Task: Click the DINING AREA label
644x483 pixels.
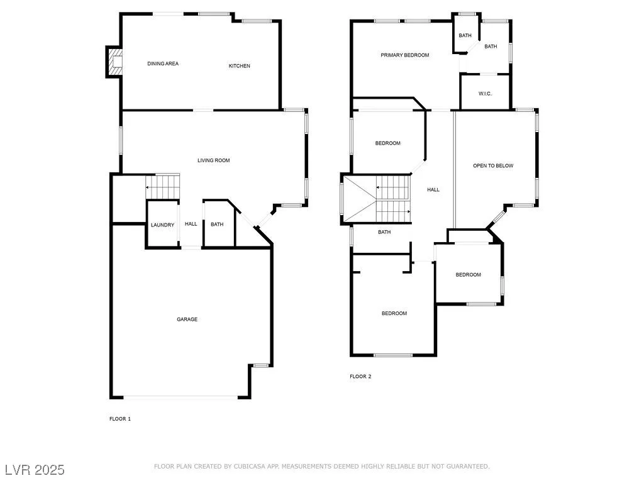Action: (x=163, y=64)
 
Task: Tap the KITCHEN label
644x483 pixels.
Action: (x=240, y=65)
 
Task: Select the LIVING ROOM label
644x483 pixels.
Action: (x=214, y=160)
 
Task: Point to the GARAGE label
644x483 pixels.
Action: (x=187, y=319)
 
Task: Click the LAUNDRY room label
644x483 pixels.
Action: (x=163, y=225)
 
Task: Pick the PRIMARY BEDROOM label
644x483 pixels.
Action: (x=405, y=55)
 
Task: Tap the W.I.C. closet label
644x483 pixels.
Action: (x=485, y=94)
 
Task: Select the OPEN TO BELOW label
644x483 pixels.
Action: (x=493, y=166)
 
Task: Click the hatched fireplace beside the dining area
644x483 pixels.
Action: (x=114, y=62)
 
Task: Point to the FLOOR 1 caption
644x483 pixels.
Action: (x=120, y=419)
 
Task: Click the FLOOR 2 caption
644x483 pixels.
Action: (x=360, y=376)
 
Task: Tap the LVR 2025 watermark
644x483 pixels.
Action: (x=35, y=470)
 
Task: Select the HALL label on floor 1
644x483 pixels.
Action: (x=191, y=224)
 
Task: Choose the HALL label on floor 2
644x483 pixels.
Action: (x=433, y=190)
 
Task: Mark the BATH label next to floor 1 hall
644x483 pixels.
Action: (x=217, y=225)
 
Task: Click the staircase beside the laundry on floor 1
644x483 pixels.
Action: (x=163, y=186)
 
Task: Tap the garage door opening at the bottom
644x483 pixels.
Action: (x=180, y=397)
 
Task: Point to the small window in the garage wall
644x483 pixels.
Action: (x=260, y=365)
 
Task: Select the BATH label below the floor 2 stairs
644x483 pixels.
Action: (x=384, y=232)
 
